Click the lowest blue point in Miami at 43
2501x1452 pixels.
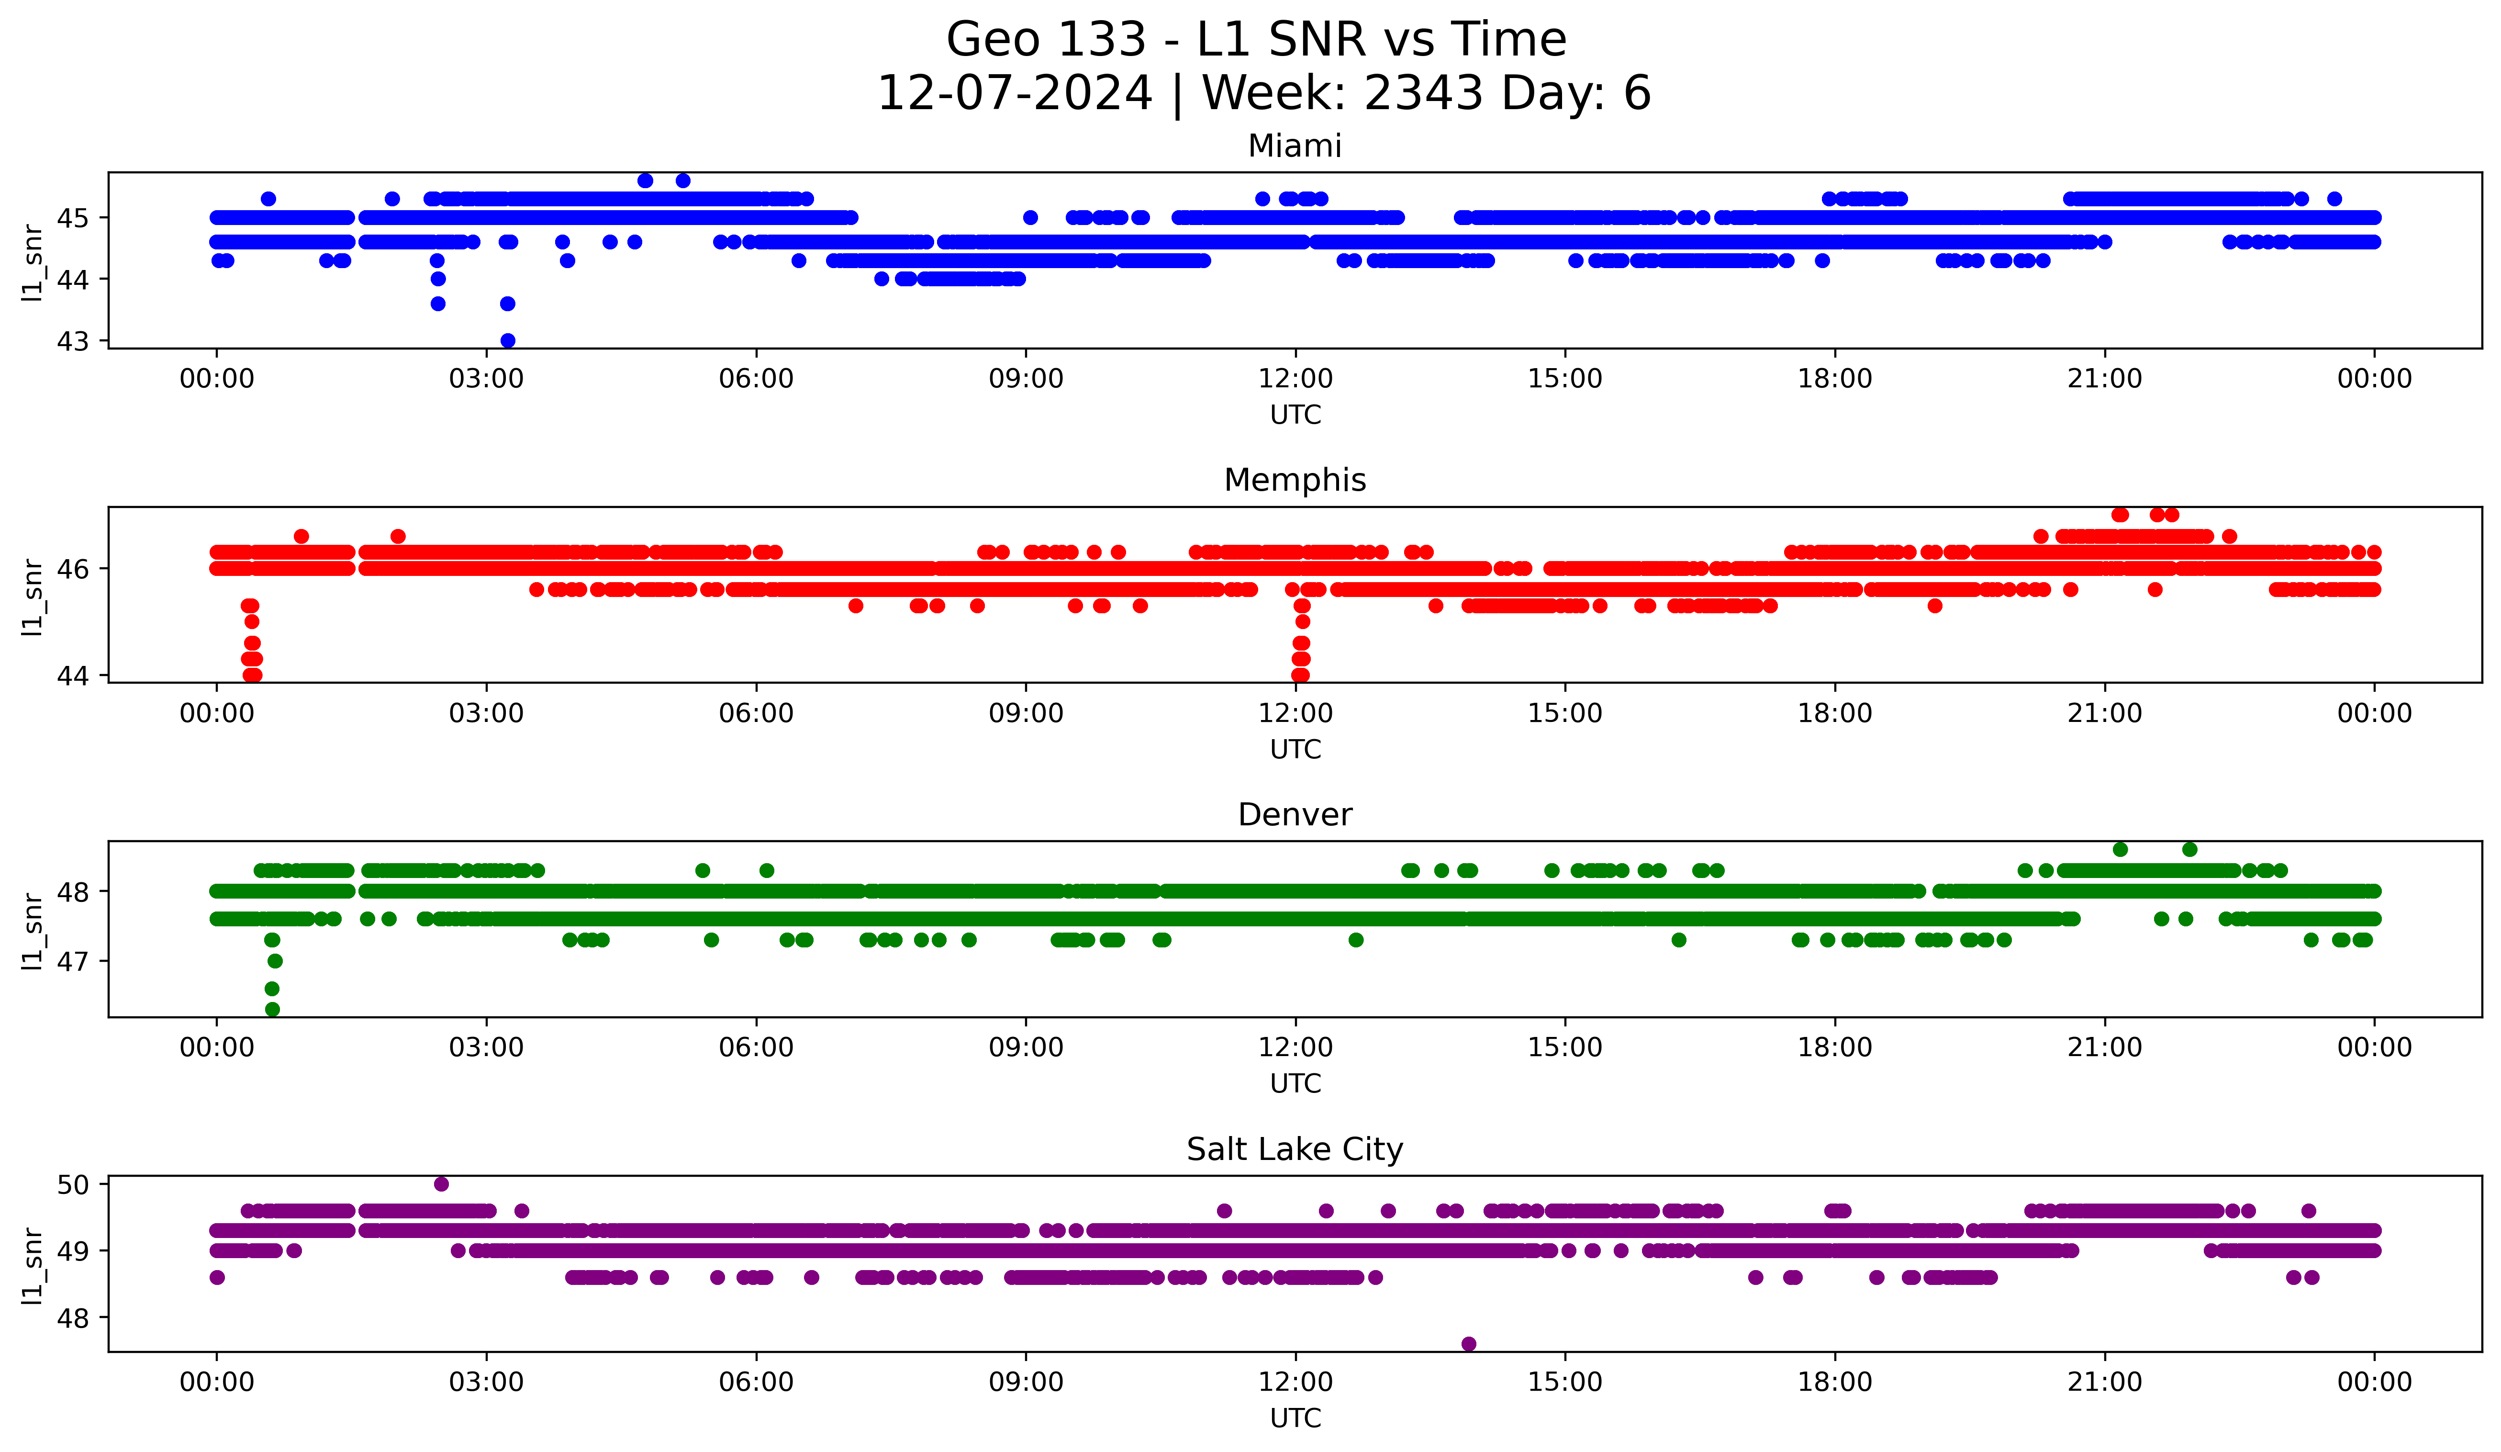pos(507,340)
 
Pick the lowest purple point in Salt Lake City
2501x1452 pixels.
pos(1469,1344)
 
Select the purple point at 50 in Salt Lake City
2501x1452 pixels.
pos(442,1184)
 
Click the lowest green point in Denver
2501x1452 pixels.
pos(273,1009)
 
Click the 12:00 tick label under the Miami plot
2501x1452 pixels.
pos(1295,379)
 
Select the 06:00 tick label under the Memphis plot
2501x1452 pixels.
pos(756,714)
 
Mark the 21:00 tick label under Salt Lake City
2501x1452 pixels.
pos(2104,1383)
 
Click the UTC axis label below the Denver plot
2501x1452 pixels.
pos(1295,1084)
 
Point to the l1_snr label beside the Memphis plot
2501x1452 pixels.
pos(33,596)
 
